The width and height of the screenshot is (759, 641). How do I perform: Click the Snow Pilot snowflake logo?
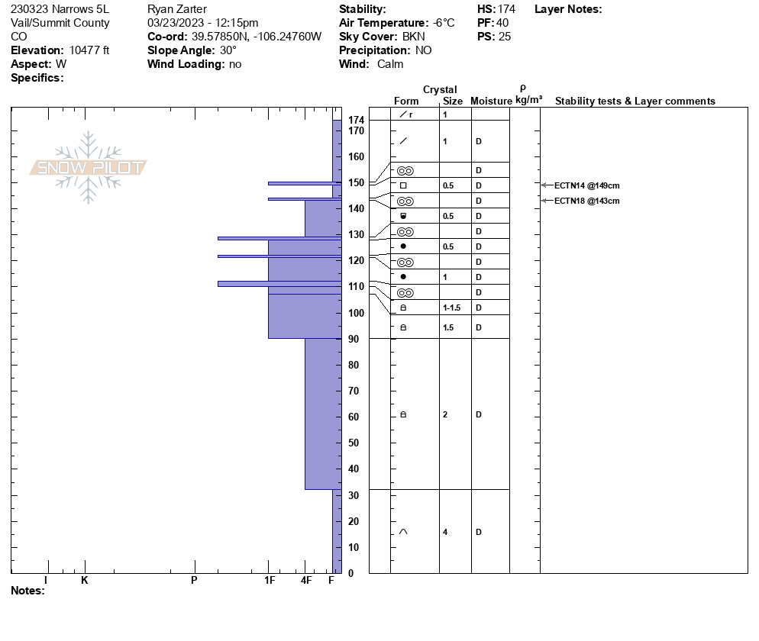point(89,167)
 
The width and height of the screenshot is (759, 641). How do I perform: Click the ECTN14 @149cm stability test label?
point(586,185)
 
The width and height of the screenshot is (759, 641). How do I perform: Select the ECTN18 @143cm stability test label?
point(586,201)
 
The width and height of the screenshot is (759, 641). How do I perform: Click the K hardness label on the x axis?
point(85,581)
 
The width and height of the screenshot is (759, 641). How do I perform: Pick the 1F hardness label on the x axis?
point(269,581)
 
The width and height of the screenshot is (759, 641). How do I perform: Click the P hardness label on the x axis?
point(194,581)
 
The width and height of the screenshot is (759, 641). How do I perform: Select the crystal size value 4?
point(445,532)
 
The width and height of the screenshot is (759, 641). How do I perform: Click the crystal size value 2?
point(445,414)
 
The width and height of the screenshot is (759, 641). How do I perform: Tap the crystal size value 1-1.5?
point(452,308)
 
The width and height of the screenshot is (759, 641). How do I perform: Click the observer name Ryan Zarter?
point(176,9)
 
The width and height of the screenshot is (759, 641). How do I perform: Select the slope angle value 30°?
point(228,50)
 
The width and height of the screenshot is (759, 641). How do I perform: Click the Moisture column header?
point(491,101)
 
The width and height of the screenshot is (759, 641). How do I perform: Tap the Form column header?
point(406,101)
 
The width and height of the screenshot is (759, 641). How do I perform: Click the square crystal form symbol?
point(403,185)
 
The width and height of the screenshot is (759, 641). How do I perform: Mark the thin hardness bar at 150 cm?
point(305,183)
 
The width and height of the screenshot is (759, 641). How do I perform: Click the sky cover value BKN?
point(414,37)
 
